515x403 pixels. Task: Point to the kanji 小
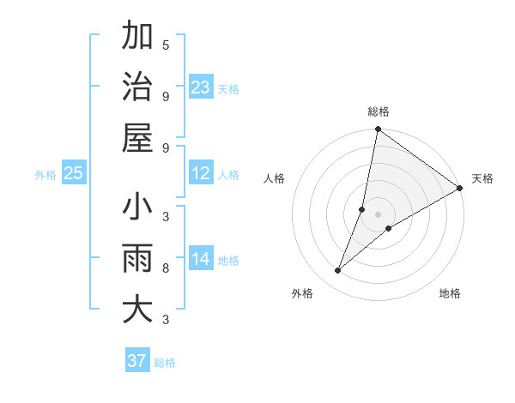[x=137, y=208]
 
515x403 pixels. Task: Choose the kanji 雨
[x=137, y=258]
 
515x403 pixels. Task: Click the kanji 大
[x=137, y=309]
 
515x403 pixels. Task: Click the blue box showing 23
[x=201, y=87]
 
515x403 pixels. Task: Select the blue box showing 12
[x=201, y=174]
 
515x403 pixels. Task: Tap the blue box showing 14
[x=201, y=259]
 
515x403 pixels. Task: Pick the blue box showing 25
[x=74, y=174]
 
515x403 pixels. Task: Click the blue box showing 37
[x=136, y=361]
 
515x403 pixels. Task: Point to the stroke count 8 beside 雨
[x=166, y=268]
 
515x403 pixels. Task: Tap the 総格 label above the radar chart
[x=379, y=111]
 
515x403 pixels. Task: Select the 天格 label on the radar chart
[x=482, y=178]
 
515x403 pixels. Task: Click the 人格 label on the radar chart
[x=275, y=178]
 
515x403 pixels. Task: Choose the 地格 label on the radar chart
[x=450, y=293]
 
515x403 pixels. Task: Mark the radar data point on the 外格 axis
[x=337, y=271]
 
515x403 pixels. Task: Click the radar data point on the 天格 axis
[x=460, y=189]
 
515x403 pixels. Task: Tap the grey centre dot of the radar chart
[x=379, y=214]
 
